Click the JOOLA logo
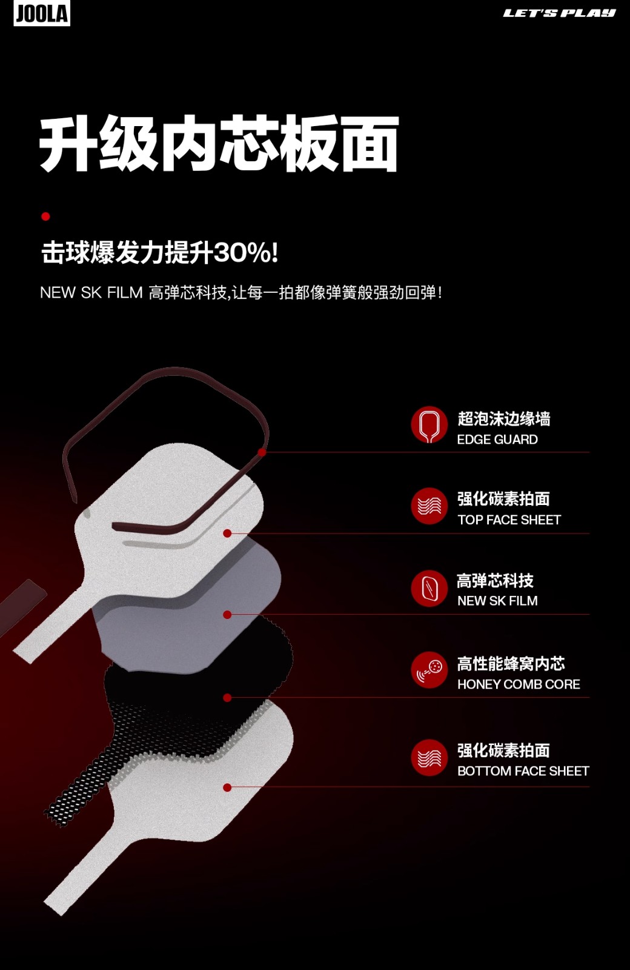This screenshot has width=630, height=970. click(42, 13)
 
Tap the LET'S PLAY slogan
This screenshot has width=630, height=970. click(559, 13)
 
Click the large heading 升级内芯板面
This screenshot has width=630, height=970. click(219, 143)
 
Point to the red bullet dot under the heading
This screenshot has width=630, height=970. click(45, 216)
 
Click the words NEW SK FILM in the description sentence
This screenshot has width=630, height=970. click(91, 293)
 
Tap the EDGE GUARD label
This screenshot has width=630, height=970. click(497, 440)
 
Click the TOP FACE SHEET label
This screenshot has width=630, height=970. click(509, 520)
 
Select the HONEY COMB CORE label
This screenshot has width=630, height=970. click(519, 684)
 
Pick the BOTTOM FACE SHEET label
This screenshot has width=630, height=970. click(523, 771)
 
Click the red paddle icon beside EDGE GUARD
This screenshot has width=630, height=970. click(429, 425)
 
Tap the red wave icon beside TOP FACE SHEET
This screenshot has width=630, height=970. click(429, 506)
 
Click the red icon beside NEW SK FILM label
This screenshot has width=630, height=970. click(429, 588)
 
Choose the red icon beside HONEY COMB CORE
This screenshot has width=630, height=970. click(429, 670)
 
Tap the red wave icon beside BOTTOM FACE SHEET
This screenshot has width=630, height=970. click(429, 757)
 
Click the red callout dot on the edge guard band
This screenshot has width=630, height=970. click(262, 452)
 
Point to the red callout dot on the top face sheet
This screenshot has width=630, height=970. click(227, 533)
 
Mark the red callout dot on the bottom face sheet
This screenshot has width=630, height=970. click(227, 788)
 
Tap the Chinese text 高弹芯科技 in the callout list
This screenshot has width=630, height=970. click(495, 581)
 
